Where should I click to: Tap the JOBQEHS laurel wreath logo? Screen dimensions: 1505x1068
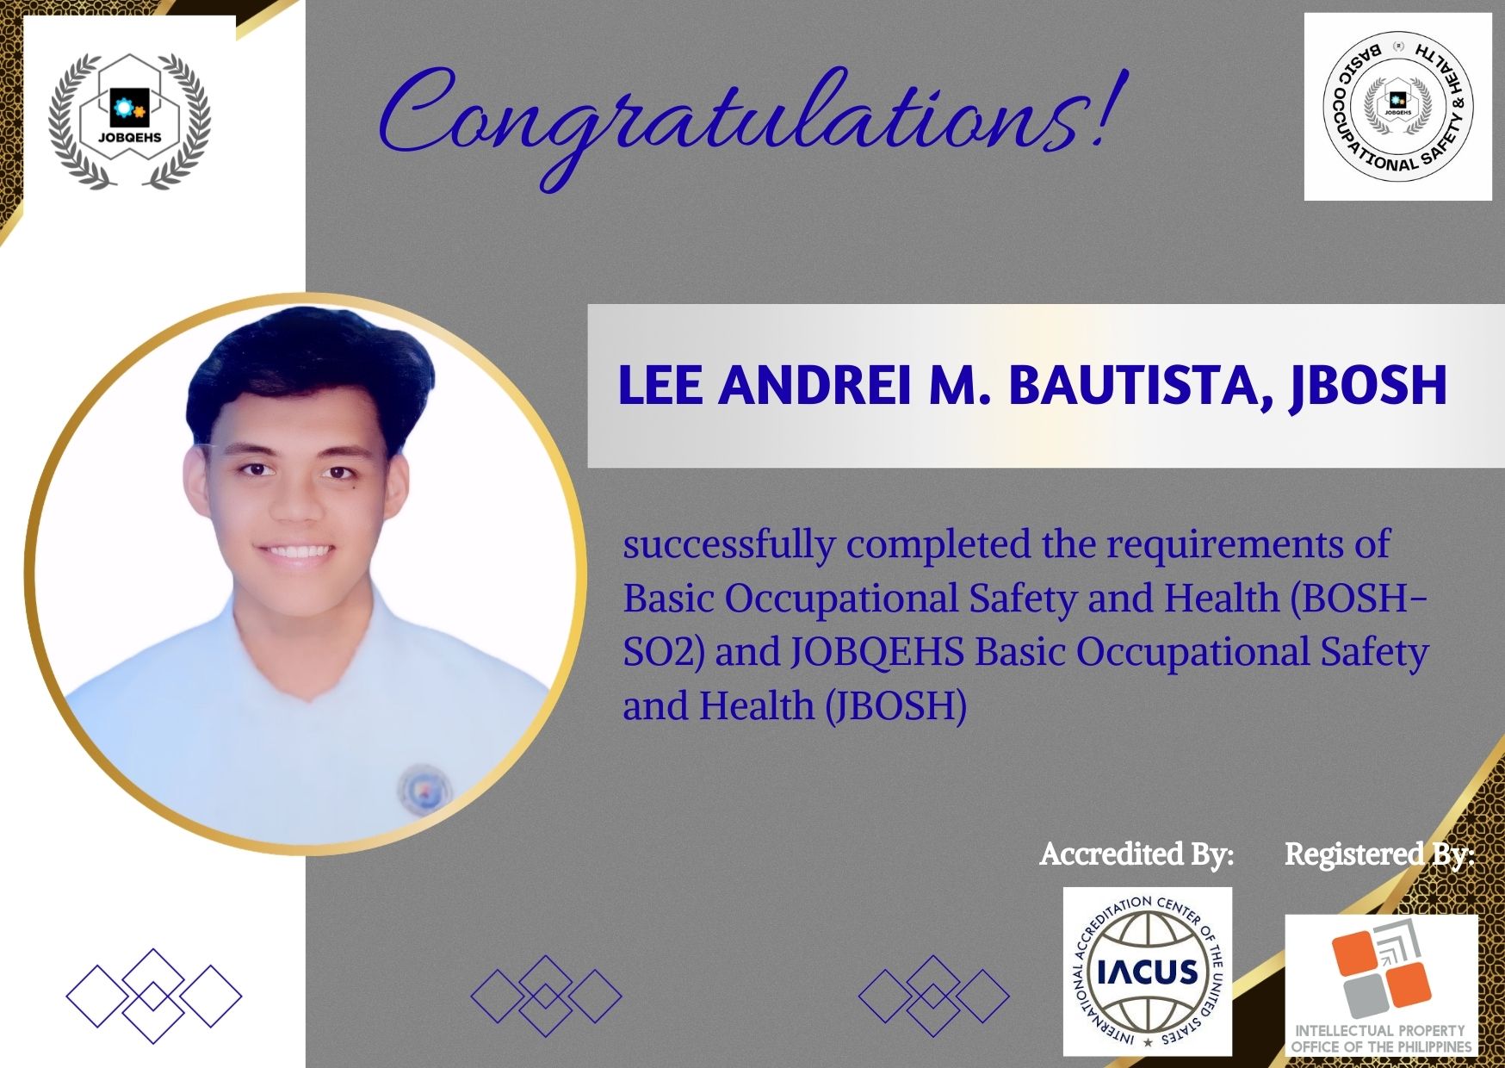coord(129,121)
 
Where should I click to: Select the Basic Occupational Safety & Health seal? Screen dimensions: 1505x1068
coord(1397,107)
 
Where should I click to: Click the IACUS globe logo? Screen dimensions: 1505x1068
coord(1148,972)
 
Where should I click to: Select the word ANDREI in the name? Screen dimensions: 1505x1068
coord(814,385)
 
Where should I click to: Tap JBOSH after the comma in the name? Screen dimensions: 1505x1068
coord(1368,387)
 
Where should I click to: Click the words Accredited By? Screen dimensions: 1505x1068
coord(1136,854)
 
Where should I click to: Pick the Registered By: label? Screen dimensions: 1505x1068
coord(1379,854)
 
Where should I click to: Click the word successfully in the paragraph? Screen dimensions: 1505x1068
coord(729,546)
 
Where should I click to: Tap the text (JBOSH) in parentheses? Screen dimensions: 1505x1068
coord(895,706)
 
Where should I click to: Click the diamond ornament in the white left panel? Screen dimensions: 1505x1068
coord(154,996)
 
